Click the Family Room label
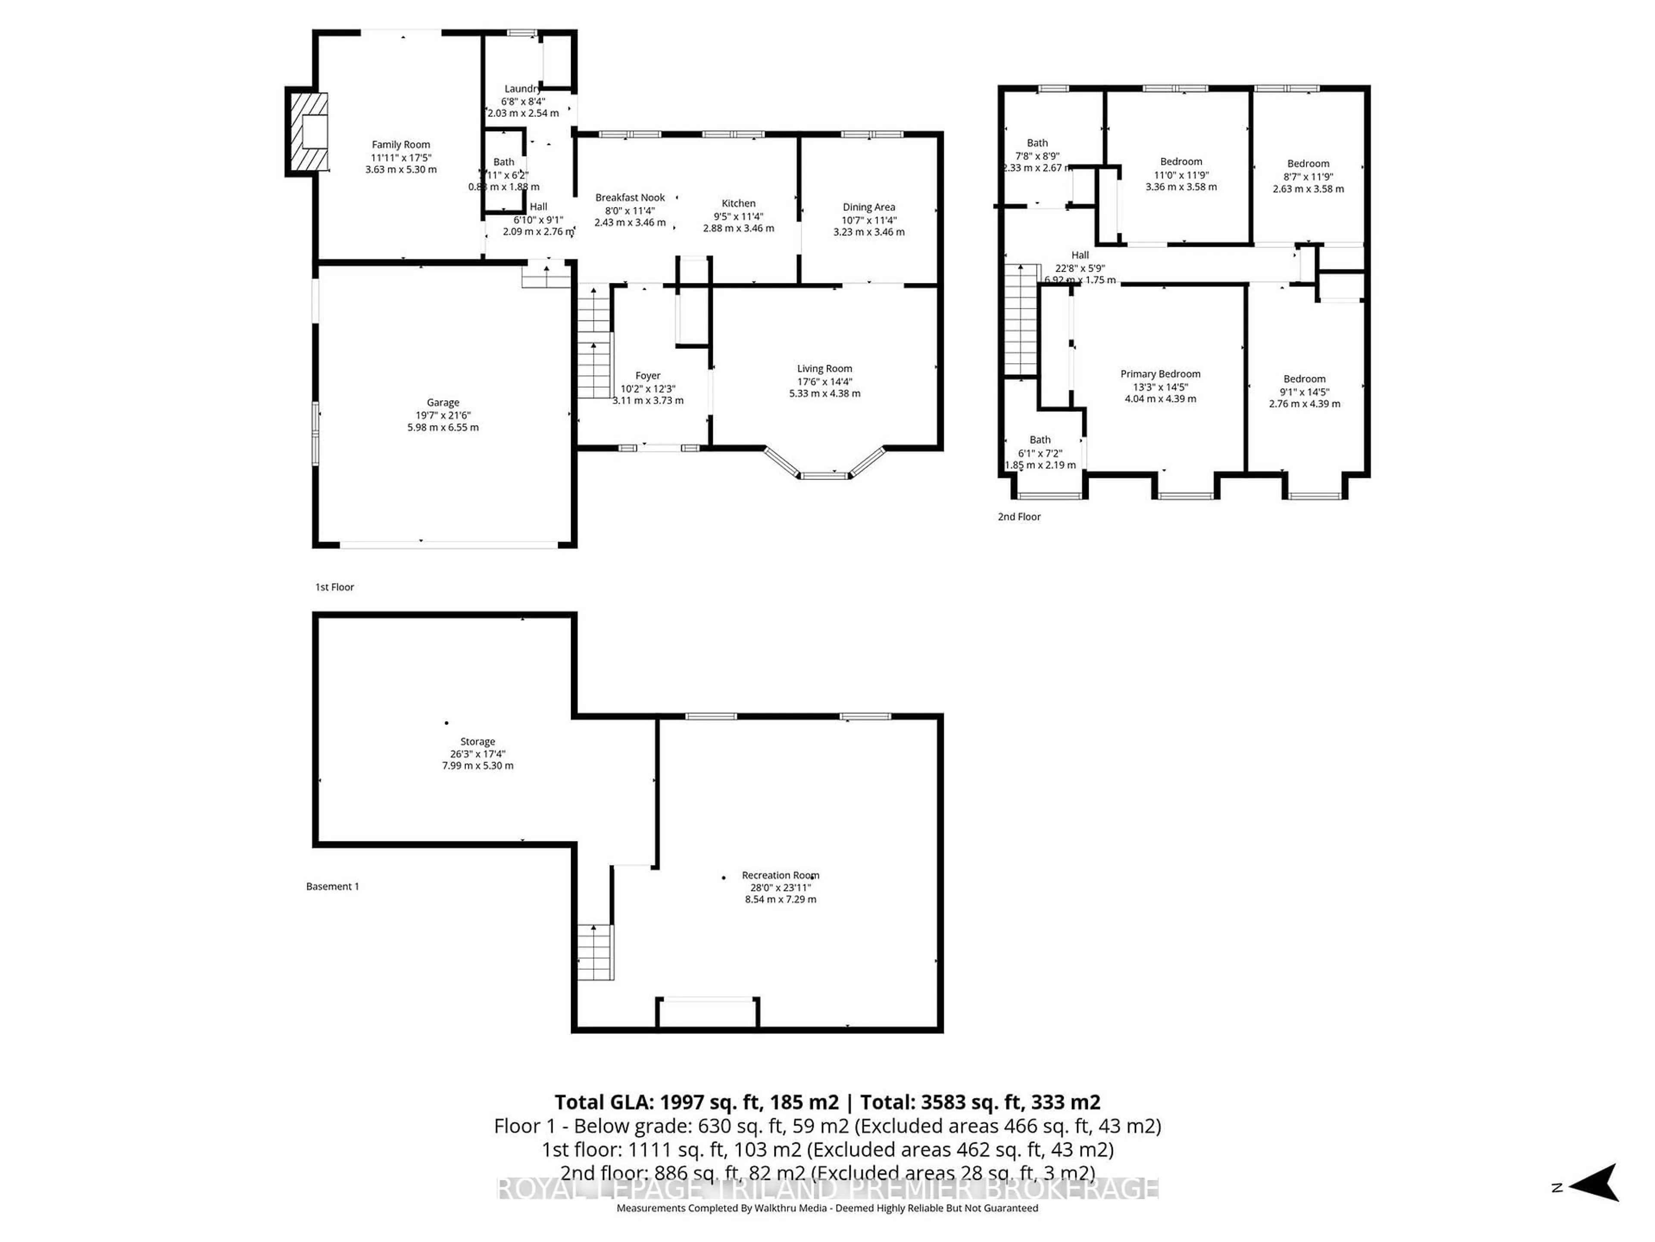pyautogui.click(x=401, y=144)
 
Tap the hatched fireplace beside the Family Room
pyautogui.click(x=307, y=132)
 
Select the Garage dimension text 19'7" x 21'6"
pyautogui.click(x=443, y=415)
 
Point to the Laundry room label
pyautogui.click(x=522, y=88)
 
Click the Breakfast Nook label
pyautogui.click(x=630, y=198)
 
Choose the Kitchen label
pyautogui.click(x=738, y=203)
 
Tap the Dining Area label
pyautogui.click(x=868, y=207)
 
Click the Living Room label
pyautogui.click(x=824, y=368)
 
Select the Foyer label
pyautogui.click(x=648, y=376)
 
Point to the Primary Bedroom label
pyautogui.click(x=1161, y=373)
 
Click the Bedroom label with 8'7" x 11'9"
pyautogui.click(x=1308, y=163)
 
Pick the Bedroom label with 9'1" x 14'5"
pyautogui.click(x=1304, y=379)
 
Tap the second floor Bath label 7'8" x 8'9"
pyautogui.click(x=1037, y=142)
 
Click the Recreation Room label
pyautogui.click(x=781, y=875)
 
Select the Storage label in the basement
pyautogui.click(x=478, y=741)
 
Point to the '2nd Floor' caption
pyautogui.click(x=1019, y=517)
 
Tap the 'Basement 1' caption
pyautogui.click(x=332, y=886)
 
